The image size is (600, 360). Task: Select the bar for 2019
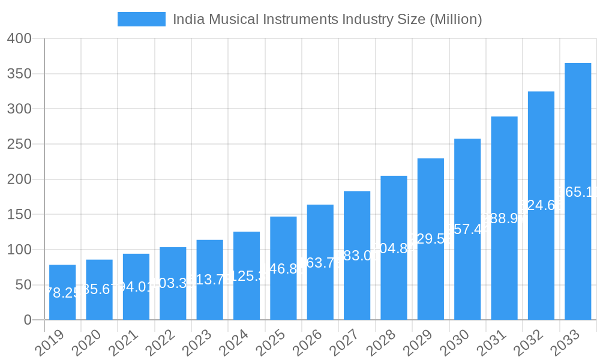[62, 292]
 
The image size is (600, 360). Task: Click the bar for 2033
[578, 191]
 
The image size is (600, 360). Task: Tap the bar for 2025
[283, 268]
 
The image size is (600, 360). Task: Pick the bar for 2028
[394, 248]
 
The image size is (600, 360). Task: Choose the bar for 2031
[504, 218]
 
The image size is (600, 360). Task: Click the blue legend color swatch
[141, 19]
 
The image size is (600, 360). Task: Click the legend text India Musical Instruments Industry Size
[327, 19]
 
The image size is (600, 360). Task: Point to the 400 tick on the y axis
[19, 38]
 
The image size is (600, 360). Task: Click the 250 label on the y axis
[19, 144]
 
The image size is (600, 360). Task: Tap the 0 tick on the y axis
[27, 320]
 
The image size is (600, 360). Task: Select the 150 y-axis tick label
[19, 214]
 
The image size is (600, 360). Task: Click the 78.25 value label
[62, 293]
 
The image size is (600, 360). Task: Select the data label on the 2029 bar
[431, 239]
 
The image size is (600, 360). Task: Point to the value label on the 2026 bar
[320, 263]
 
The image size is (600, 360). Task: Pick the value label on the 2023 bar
[210, 280]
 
